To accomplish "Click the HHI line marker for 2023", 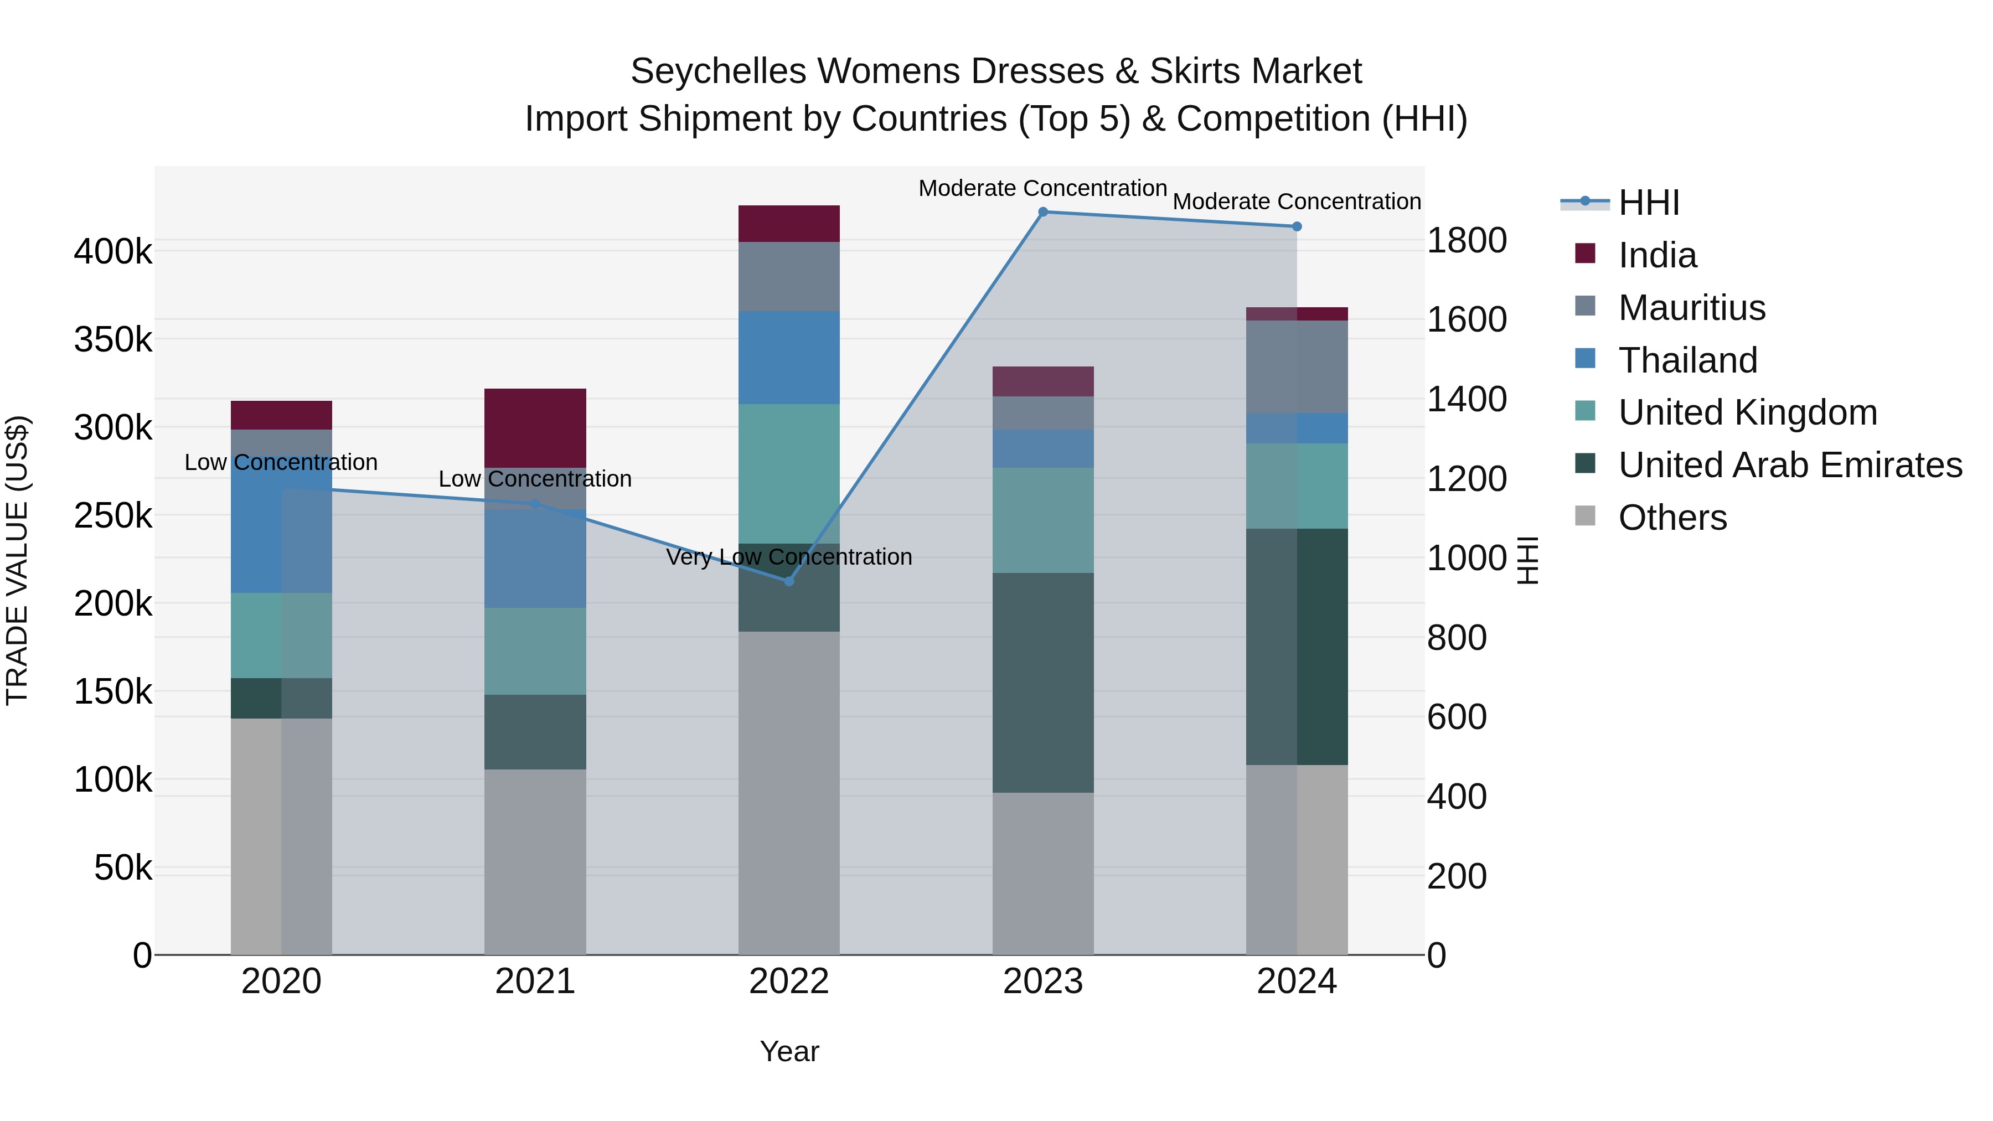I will tap(1043, 212).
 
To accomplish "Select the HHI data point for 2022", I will tap(789, 581).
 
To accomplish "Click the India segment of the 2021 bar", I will tap(535, 428).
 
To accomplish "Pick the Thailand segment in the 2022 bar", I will tap(789, 358).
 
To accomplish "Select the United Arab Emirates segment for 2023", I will tap(1043, 683).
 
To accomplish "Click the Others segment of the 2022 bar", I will tap(789, 792).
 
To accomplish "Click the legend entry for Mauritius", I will tap(1691, 308).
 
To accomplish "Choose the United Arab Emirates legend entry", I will tap(1789, 465).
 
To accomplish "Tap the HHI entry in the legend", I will tap(1648, 203).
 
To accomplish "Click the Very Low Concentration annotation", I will tap(789, 557).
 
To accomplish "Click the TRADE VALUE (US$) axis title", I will tap(17, 560).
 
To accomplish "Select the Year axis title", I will tap(789, 1051).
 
